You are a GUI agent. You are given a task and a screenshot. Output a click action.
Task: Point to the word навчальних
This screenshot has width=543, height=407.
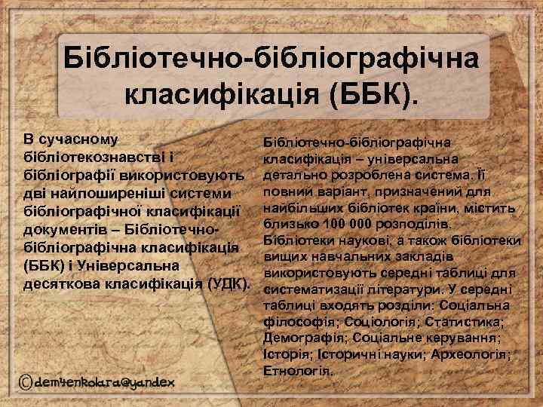pos(341,257)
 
